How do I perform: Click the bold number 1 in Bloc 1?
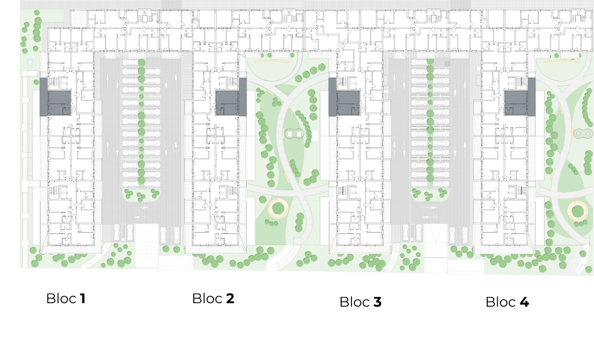82,299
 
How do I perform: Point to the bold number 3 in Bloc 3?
377,302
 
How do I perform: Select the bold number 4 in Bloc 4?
524,302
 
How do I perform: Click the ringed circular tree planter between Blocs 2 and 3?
278,208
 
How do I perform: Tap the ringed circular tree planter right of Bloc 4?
577,211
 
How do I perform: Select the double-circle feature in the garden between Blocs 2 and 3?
294,134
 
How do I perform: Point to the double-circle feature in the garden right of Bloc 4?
582,133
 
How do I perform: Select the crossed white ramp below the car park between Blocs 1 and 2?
147,245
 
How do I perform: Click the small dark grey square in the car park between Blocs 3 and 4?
447,64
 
